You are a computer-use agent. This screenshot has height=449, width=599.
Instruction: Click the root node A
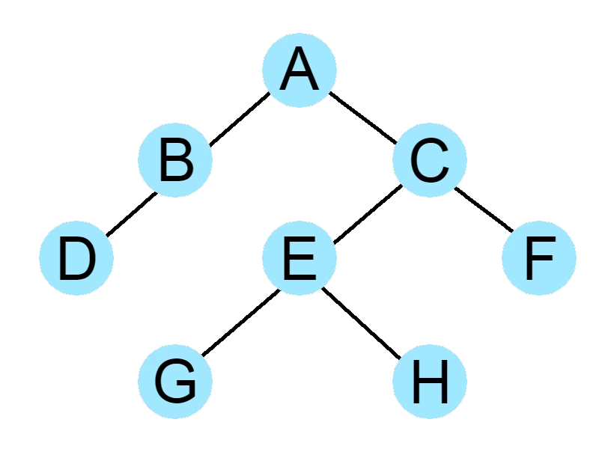[x=299, y=70]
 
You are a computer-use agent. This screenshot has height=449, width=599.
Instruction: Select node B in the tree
[x=175, y=160]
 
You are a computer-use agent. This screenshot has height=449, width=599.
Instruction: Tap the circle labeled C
[x=430, y=160]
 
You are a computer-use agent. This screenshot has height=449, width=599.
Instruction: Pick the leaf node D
[x=76, y=257]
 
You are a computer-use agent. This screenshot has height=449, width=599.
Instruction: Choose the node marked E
[x=299, y=257]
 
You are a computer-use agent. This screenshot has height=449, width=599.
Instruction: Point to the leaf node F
[x=539, y=257]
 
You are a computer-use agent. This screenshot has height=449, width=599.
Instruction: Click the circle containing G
[x=175, y=382]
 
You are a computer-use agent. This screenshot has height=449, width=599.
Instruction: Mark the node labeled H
[x=430, y=382]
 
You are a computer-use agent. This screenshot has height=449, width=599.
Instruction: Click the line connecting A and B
[x=240, y=119]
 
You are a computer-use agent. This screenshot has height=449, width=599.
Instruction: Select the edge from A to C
[x=363, y=118]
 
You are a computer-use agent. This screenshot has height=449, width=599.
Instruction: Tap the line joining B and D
[x=132, y=214]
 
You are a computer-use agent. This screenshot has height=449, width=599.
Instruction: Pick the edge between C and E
[x=368, y=214]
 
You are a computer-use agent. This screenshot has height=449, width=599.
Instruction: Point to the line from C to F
[x=484, y=210]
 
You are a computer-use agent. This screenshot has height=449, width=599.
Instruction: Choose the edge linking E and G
[x=241, y=323]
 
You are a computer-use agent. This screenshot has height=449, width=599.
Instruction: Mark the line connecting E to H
[x=362, y=323]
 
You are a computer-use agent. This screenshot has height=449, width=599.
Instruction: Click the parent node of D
[x=175, y=160]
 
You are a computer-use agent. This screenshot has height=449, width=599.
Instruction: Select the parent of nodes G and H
[x=299, y=257]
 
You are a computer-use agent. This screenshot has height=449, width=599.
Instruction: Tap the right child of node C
[x=539, y=257]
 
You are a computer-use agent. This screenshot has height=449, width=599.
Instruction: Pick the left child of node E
[x=175, y=382]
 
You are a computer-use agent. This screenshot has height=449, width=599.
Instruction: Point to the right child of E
[x=430, y=382]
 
